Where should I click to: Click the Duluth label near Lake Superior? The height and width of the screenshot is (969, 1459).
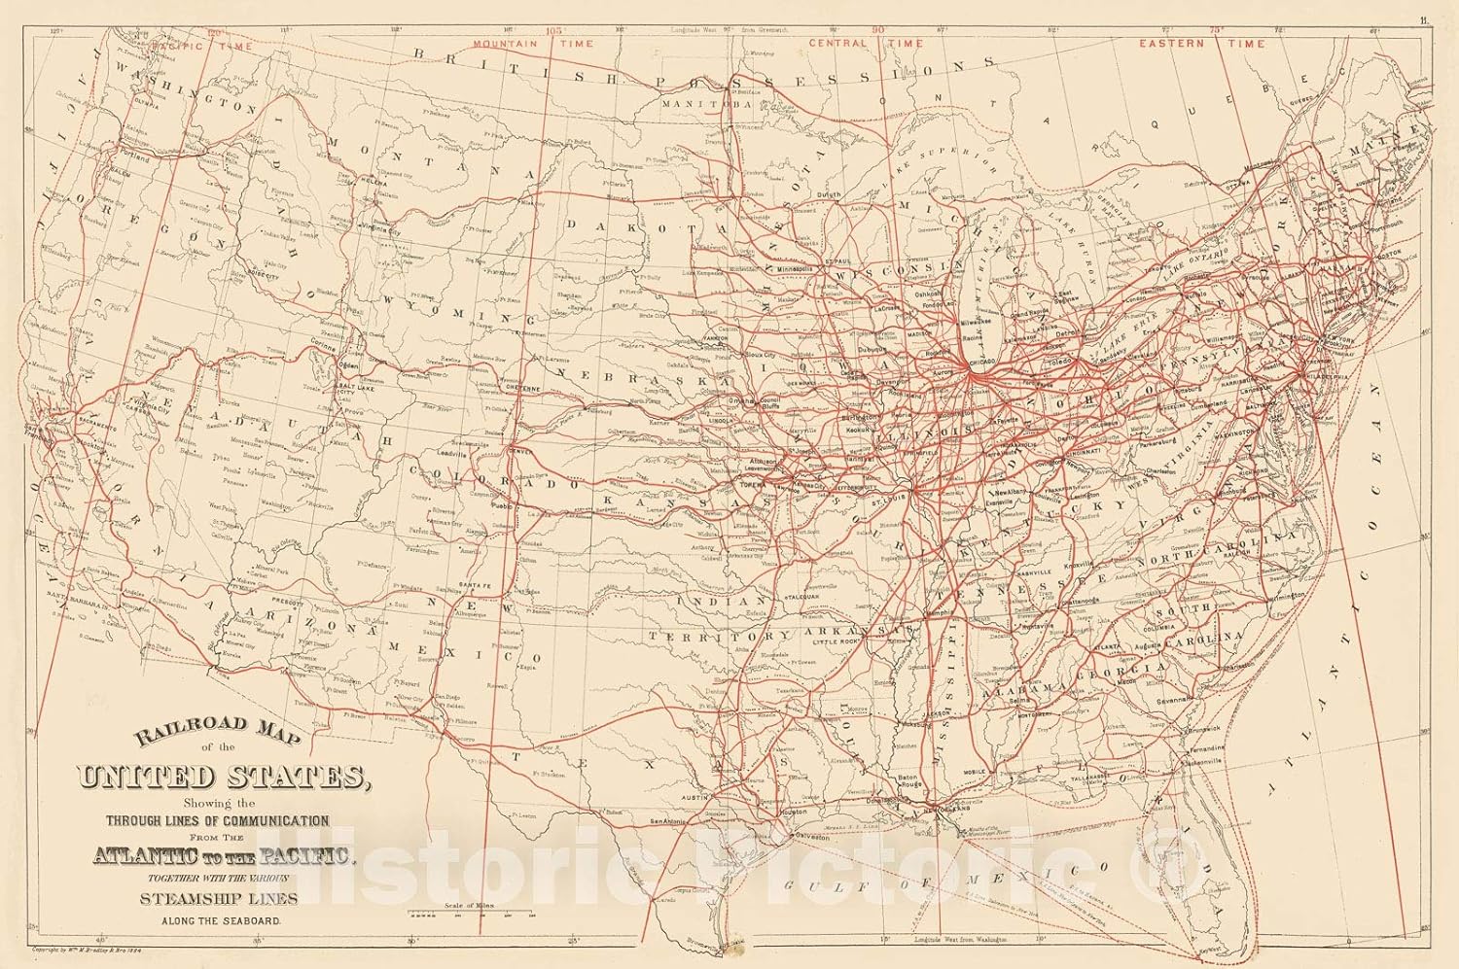pyautogui.click(x=829, y=195)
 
